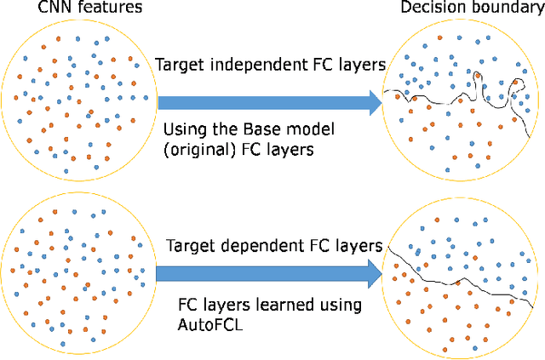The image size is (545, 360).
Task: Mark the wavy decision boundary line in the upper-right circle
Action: point(443,96)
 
